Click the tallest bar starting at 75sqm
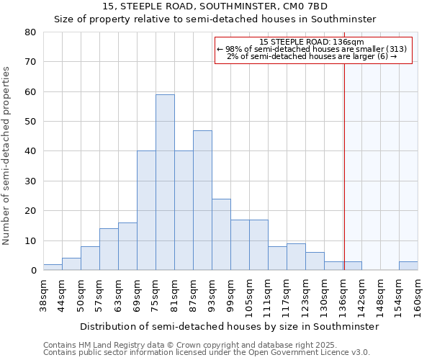(165, 182)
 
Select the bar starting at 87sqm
(202, 200)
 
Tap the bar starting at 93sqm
(221, 234)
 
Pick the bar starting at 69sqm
(146, 210)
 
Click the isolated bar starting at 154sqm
(408, 266)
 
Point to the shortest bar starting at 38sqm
(53, 267)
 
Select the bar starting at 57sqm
(109, 249)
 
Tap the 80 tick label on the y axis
(30, 32)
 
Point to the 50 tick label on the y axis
(30, 122)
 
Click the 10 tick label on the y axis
(30, 240)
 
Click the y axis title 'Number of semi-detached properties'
(7, 155)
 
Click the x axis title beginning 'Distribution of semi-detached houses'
(229, 326)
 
